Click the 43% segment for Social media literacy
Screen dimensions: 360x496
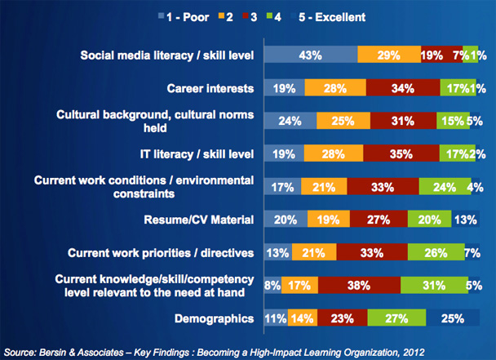pyautogui.click(x=309, y=56)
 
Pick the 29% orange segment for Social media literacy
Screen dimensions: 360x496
pyautogui.click(x=389, y=56)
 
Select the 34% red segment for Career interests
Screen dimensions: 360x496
pyautogui.click(x=402, y=87)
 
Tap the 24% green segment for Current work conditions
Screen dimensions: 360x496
pyautogui.click(x=445, y=186)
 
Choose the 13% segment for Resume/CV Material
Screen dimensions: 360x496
pyautogui.click(x=467, y=219)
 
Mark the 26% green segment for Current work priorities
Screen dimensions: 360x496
pyautogui.click(x=436, y=251)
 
